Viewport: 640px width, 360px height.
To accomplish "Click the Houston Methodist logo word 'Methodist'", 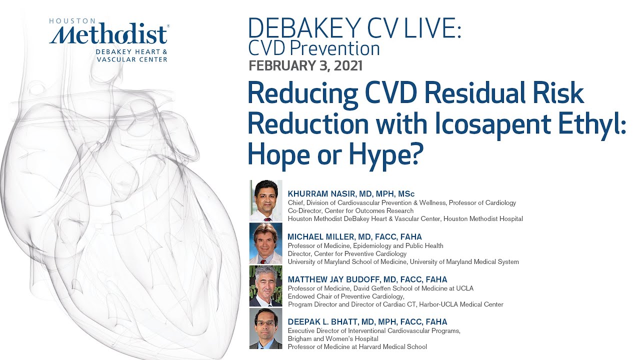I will pyautogui.click(x=108, y=35).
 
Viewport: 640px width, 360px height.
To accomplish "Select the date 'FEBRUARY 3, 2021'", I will pyautogui.click(x=305, y=65).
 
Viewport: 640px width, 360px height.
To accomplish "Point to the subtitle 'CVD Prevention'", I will pyautogui.click(x=313, y=48).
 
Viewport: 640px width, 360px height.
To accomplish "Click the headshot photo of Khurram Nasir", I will pyautogui.click(x=266, y=200).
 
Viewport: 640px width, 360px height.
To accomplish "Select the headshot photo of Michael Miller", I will pyautogui.click(x=266, y=243).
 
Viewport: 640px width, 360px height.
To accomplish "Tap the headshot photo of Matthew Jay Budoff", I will pyautogui.click(x=266, y=286).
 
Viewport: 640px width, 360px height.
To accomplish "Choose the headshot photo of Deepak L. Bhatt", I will pyautogui.click(x=266, y=328).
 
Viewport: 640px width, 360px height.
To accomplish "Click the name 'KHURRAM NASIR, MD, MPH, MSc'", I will pyautogui.click(x=351, y=193).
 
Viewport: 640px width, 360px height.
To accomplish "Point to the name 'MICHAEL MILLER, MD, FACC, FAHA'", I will pyautogui.click(x=354, y=236).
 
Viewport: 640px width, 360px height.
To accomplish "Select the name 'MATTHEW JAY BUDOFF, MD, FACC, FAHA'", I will pyautogui.click(x=367, y=279).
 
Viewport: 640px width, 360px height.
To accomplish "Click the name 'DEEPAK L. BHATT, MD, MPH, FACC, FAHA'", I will pyautogui.click(x=367, y=321).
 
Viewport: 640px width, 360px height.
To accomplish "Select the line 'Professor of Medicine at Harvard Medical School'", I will pyautogui.click(x=357, y=346).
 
